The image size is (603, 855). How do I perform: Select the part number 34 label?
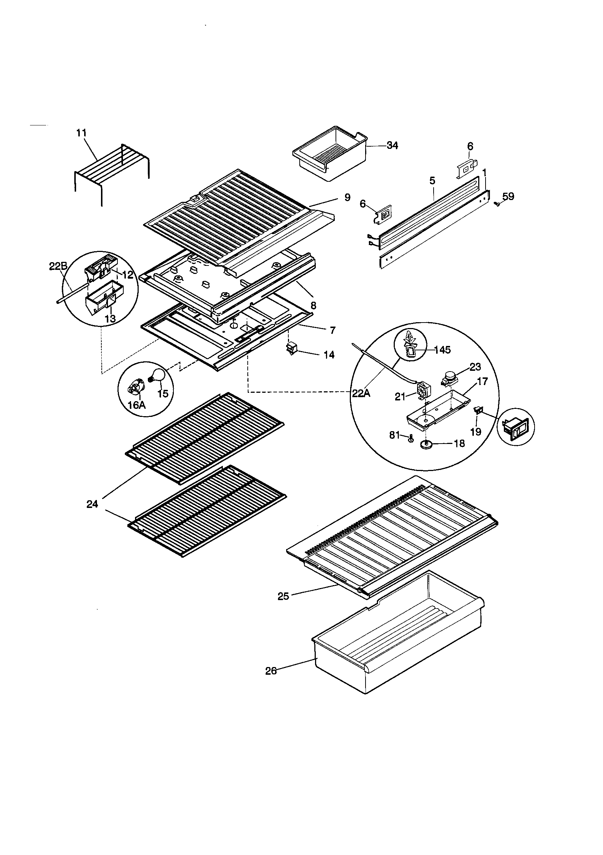(x=392, y=146)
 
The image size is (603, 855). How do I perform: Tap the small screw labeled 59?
(x=497, y=204)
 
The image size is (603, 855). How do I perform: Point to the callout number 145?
(x=442, y=350)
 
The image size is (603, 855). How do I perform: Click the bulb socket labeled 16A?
(x=135, y=389)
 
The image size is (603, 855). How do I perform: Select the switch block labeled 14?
(x=290, y=348)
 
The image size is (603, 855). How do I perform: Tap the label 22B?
(x=58, y=267)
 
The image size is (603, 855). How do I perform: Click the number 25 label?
(x=283, y=596)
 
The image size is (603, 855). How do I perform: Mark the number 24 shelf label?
(x=92, y=504)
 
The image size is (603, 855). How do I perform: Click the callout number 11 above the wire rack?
(x=82, y=133)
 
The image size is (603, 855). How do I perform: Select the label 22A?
(x=361, y=393)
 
